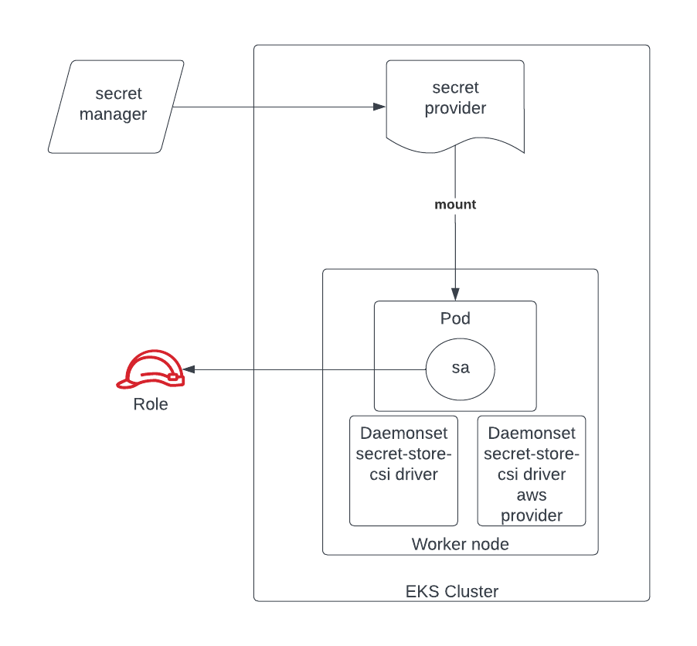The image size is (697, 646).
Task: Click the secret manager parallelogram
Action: click(117, 106)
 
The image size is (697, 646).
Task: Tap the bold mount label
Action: click(455, 205)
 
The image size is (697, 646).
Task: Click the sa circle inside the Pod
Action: click(461, 368)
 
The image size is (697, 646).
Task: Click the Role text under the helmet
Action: click(151, 404)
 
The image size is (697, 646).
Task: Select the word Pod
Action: click(455, 318)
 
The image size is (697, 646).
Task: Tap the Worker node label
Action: click(460, 544)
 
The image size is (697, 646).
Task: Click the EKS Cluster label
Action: click(452, 592)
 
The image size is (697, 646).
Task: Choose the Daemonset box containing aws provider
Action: click(532, 471)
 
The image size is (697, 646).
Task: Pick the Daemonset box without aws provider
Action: click(403, 471)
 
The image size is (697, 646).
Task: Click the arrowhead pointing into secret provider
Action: click(379, 107)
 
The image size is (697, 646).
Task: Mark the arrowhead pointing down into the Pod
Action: click(455, 294)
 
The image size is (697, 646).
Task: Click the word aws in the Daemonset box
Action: click(532, 495)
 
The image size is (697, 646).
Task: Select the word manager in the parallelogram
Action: click(113, 115)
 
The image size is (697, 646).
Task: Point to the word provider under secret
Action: click(455, 108)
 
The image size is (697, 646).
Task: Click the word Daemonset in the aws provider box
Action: click(532, 433)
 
